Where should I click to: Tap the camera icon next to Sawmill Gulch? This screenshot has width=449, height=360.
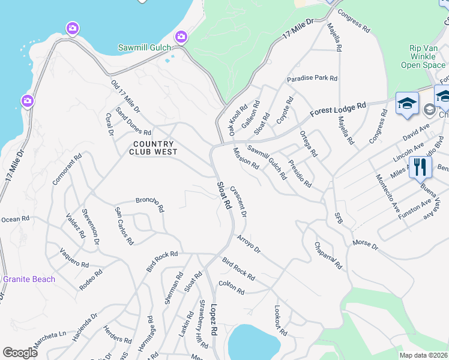point(180,37)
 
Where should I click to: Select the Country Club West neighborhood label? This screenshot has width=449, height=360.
point(153,148)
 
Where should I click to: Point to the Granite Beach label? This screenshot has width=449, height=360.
point(29,279)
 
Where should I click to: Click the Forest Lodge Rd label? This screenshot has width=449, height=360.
point(338,110)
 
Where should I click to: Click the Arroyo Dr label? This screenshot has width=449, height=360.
point(249,244)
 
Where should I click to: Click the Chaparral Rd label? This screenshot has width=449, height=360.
point(328,256)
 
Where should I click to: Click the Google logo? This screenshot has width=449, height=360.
point(20,352)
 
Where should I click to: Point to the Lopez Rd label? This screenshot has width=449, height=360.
point(214,322)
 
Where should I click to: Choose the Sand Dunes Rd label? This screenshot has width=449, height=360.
point(133,124)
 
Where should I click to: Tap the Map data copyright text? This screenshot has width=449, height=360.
point(424,355)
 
